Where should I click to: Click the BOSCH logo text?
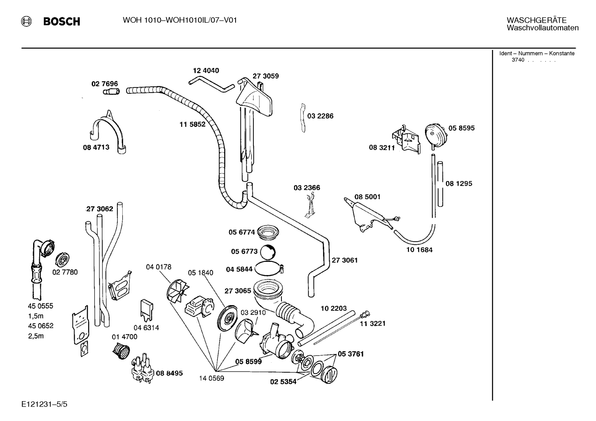(62, 21)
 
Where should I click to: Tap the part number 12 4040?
(206, 71)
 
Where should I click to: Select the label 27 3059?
(265, 76)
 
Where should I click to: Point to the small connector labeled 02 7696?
(111, 91)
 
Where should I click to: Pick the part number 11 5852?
(192, 124)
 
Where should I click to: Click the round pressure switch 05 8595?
(436, 135)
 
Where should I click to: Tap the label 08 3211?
(382, 147)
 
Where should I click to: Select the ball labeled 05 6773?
(267, 252)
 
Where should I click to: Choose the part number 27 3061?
(345, 260)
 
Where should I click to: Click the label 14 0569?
(212, 378)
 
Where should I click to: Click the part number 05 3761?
(350, 354)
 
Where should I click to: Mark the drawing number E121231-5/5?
(45, 404)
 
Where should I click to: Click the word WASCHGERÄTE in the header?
(536, 20)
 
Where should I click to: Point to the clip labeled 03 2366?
(310, 207)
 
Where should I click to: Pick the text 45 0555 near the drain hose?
(41, 306)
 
